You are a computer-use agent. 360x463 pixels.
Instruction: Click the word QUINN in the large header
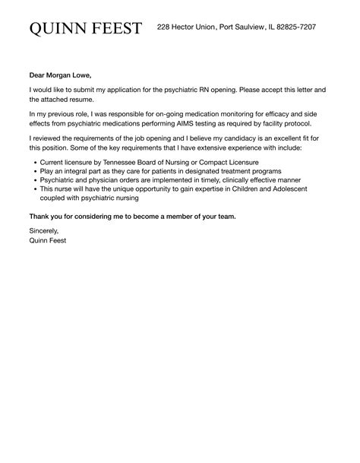[x=58, y=28]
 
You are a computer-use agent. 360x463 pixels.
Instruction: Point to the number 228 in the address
[x=164, y=27]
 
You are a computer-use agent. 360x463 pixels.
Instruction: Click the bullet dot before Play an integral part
[x=36, y=173]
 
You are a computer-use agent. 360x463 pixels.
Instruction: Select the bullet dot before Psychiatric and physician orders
[x=36, y=182]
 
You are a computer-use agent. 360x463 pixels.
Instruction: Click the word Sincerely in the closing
[x=44, y=230]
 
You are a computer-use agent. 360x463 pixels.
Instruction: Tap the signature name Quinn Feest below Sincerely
[x=48, y=240]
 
